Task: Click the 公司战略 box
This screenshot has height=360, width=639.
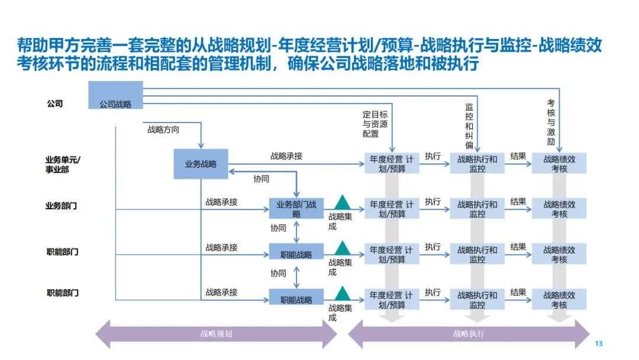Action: tap(115, 96)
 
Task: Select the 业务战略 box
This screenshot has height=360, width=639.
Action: tap(201, 164)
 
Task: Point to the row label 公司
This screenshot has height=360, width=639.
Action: tap(55, 104)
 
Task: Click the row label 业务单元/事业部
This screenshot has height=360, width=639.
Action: tap(62, 164)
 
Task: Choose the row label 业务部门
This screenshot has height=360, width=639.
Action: tap(62, 206)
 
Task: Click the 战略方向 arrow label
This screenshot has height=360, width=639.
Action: tap(163, 129)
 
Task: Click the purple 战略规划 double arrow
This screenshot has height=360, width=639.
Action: tap(216, 334)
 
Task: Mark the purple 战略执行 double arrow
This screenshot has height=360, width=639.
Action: tap(469, 334)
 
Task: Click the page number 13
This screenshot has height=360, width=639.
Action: tap(598, 344)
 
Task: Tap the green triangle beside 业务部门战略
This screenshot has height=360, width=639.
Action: tap(342, 202)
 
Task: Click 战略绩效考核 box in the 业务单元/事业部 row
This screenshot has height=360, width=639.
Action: tap(559, 163)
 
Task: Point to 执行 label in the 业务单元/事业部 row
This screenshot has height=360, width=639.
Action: tap(433, 156)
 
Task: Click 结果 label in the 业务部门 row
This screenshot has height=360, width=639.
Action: tap(518, 202)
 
